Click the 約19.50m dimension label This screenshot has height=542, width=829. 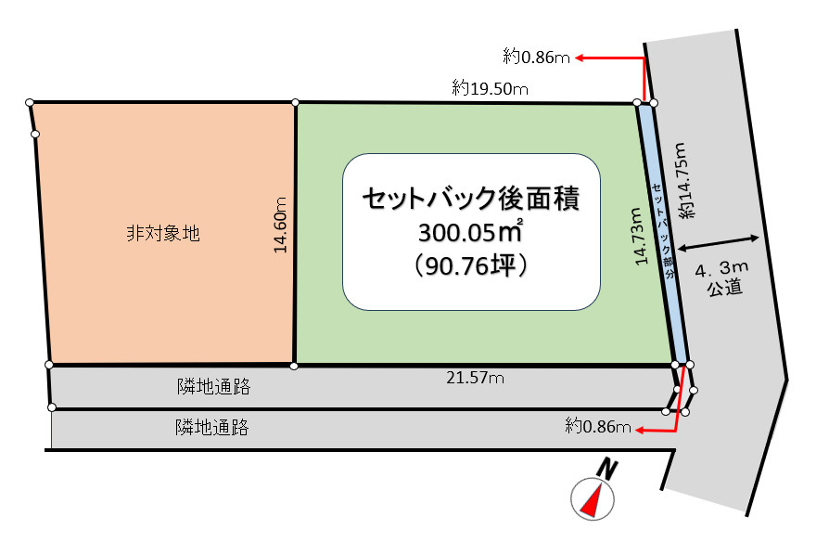490,89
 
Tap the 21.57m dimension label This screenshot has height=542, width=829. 474,378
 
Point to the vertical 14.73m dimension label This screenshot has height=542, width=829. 640,237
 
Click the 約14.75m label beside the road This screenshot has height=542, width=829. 684,182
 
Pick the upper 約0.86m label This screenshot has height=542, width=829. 536,58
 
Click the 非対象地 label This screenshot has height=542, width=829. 163,233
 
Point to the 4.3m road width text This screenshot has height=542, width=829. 721,270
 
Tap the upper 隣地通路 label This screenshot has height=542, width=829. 213,385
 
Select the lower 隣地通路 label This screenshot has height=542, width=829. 211,428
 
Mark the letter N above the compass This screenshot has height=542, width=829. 606,469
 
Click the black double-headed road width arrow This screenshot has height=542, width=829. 720,243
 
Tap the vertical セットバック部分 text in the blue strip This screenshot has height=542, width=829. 663,228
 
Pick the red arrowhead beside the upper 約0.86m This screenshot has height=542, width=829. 579,58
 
